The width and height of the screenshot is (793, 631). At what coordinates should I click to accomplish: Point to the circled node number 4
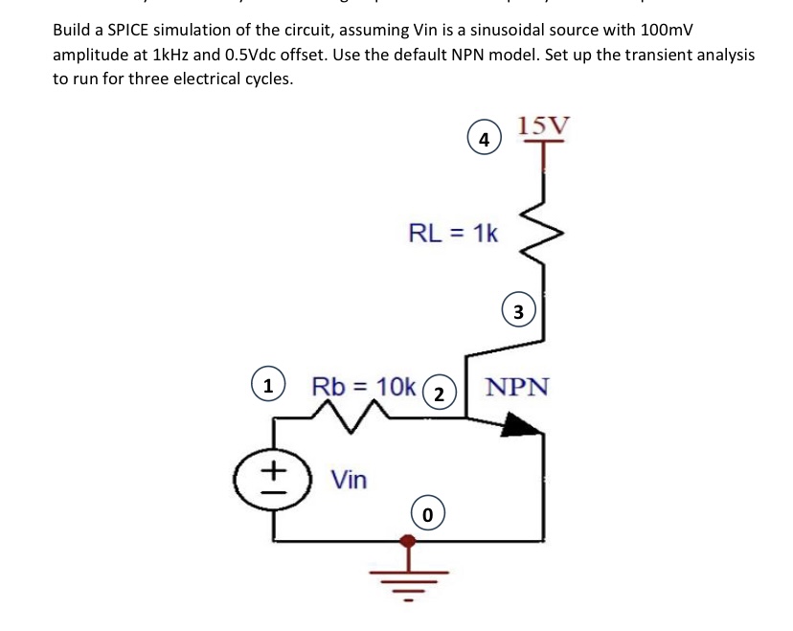tap(485, 139)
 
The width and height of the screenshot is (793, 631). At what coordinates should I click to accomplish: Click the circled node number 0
tap(428, 514)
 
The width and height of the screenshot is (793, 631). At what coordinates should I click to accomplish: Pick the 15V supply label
tap(543, 125)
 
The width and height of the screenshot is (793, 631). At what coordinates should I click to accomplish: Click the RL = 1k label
tap(453, 232)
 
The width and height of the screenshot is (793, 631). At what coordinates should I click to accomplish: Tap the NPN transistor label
tap(517, 387)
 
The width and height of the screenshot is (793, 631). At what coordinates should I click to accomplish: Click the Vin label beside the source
tap(349, 479)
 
